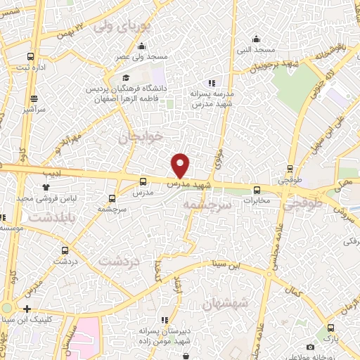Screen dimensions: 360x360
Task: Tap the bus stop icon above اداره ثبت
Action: pos(30,56)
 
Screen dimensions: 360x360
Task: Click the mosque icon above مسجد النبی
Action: pos(257,39)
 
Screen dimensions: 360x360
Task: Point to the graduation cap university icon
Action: pos(126,77)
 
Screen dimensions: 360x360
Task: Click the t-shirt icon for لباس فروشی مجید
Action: pos(46,187)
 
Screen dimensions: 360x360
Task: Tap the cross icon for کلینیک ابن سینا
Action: pos(27,309)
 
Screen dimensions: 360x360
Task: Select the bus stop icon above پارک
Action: pos(330,328)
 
